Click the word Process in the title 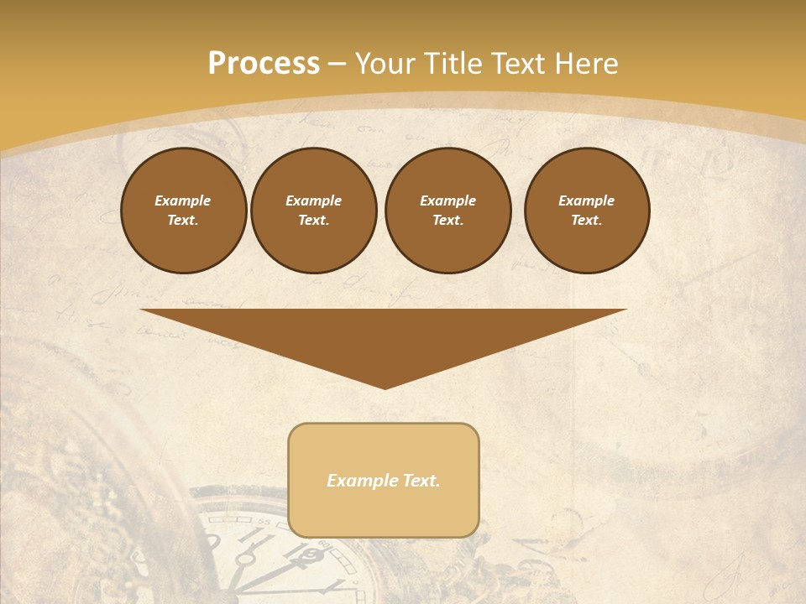[264, 64]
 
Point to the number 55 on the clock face [265, 523]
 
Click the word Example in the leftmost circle [183, 200]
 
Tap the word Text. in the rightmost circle [586, 220]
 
